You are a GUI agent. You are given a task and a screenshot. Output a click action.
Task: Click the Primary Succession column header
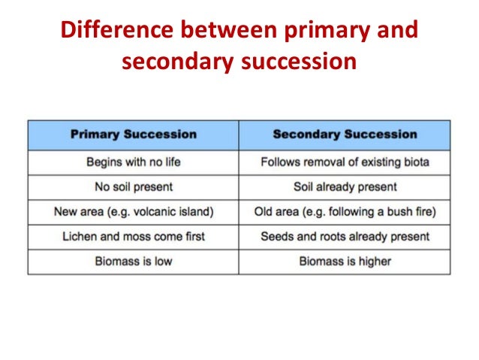pyautogui.click(x=134, y=135)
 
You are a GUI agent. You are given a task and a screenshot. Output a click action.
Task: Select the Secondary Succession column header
pyautogui.click(x=345, y=135)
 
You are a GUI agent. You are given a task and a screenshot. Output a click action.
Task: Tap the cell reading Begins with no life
pyautogui.click(x=134, y=162)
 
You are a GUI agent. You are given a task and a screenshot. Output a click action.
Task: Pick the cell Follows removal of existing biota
pyautogui.click(x=345, y=162)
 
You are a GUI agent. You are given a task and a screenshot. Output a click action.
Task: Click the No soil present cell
pyautogui.click(x=134, y=186)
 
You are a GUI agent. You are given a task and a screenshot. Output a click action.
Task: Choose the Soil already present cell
pyautogui.click(x=345, y=186)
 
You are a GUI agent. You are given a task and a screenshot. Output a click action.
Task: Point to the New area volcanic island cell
pyautogui.click(x=134, y=211)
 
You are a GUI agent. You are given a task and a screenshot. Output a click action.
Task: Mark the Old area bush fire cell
pyautogui.click(x=345, y=211)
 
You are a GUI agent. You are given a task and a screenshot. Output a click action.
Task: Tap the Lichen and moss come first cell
pyautogui.click(x=134, y=236)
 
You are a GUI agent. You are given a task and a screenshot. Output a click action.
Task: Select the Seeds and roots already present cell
pyautogui.click(x=345, y=236)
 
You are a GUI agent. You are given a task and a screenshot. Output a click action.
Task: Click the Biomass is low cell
pyautogui.click(x=134, y=261)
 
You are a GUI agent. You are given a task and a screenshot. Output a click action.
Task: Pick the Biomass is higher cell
pyautogui.click(x=345, y=261)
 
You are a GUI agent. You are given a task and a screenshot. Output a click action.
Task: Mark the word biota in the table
pyautogui.click(x=413, y=162)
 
